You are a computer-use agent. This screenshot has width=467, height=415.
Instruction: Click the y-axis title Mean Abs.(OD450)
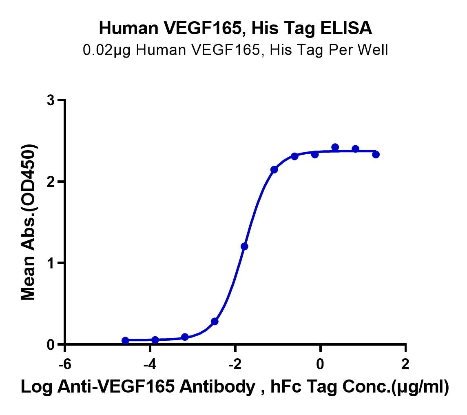pyautogui.click(x=29, y=222)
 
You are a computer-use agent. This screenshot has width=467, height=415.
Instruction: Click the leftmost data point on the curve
pyautogui.click(x=125, y=340)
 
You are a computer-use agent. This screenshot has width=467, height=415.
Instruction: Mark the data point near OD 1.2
pyautogui.click(x=244, y=246)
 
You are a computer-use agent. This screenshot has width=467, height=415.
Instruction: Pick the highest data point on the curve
pyautogui.click(x=335, y=147)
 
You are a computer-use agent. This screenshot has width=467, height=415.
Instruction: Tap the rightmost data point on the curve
pyautogui.click(x=376, y=154)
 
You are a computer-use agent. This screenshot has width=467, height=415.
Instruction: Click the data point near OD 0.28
pyautogui.click(x=215, y=322)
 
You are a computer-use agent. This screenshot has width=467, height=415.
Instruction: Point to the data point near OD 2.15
pyautogui.click(x=274, y=169)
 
